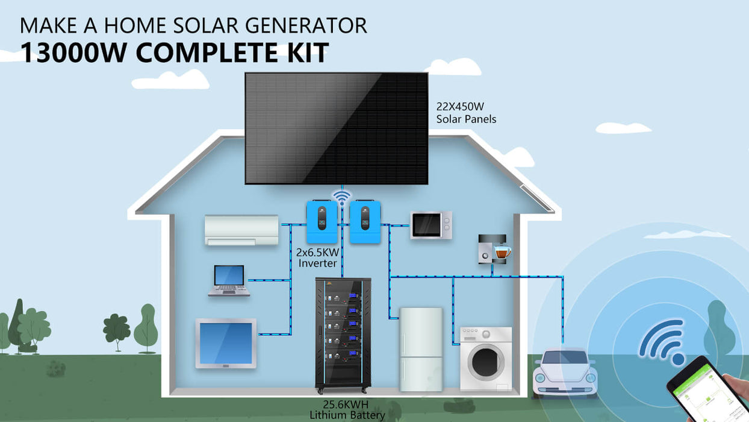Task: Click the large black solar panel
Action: [336, 128]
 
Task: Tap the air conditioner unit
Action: [241, 230]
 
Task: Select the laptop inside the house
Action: [229, 281]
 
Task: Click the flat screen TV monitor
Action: [226, 343]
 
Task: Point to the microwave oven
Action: [430, 225]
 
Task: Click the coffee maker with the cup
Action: [493, 248]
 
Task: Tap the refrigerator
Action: [421, 349]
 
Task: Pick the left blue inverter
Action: [322, 221]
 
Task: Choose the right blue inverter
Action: [365, 221]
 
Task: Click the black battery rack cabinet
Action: [343, 333]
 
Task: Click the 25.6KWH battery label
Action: [346, 405]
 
